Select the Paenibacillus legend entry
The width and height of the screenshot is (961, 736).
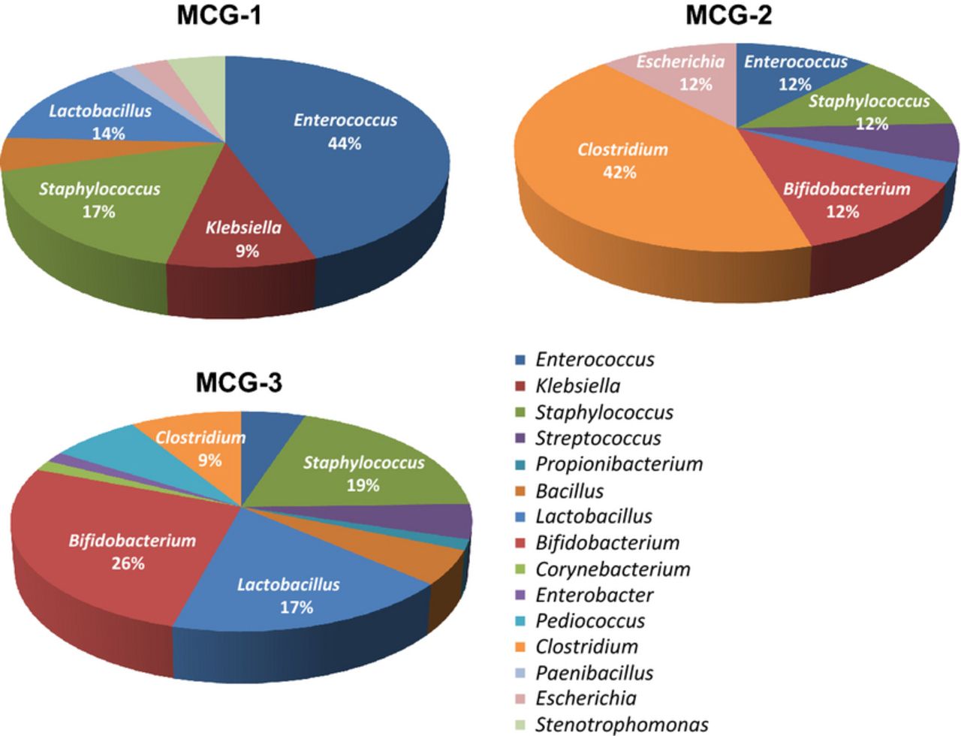coord(594,673)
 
